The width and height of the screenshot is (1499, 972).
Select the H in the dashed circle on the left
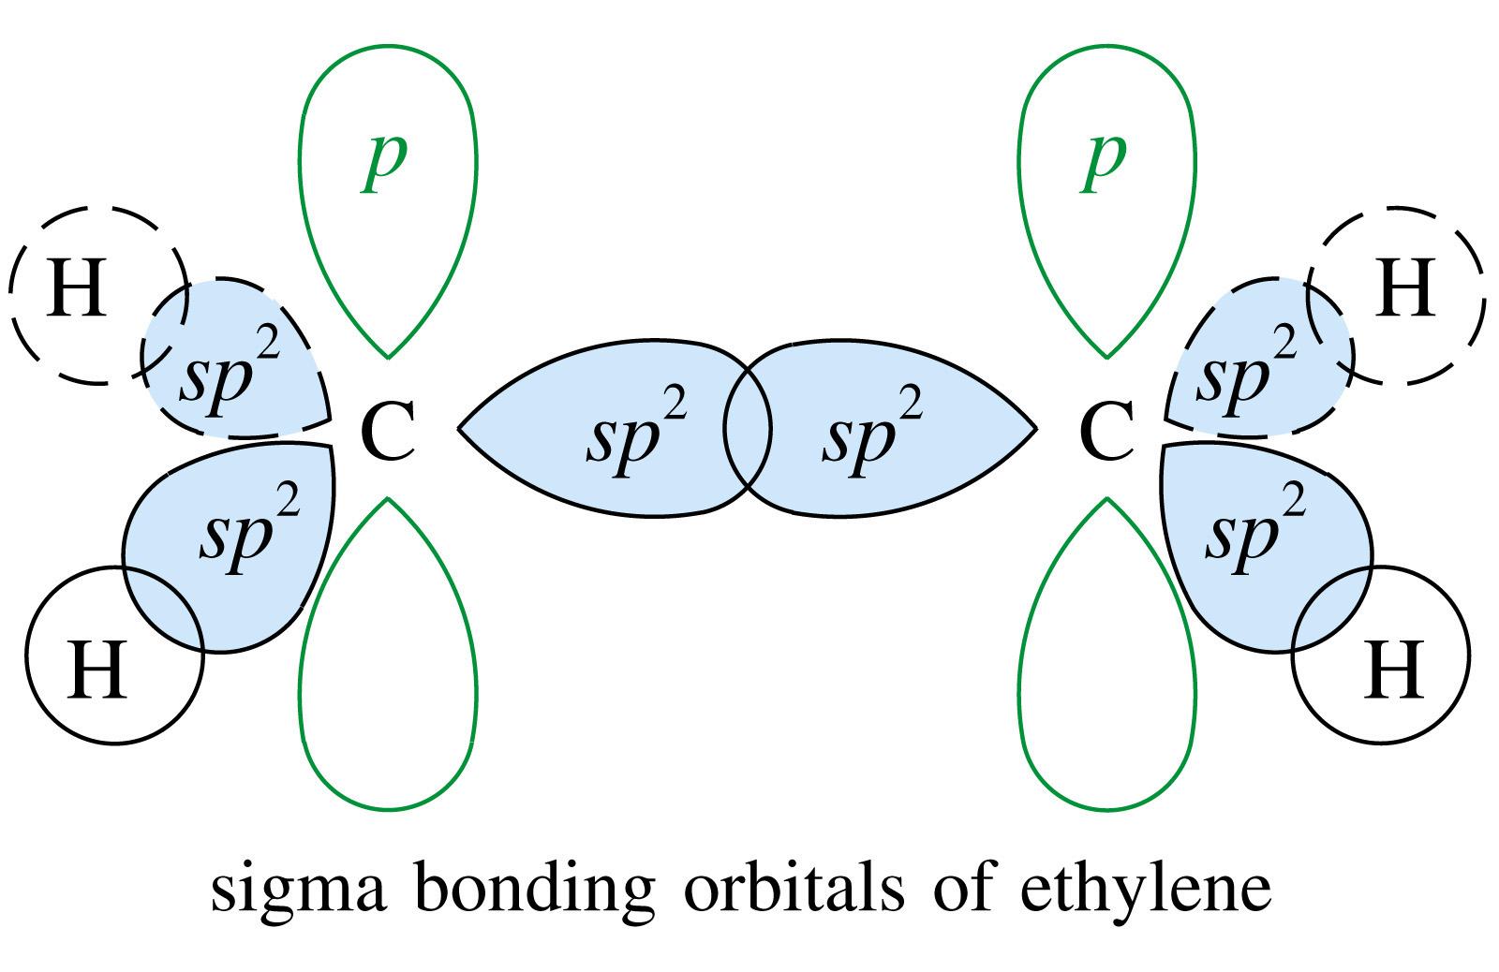click(x=76, y=287)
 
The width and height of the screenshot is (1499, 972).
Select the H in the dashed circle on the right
click(x=1406, y=287)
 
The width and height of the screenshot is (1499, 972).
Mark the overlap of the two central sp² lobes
click(x=747, y=429)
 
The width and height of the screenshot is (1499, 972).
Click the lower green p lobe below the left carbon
click(x=388, y=674)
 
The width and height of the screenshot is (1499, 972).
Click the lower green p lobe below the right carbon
click(x=1106, y=674)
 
